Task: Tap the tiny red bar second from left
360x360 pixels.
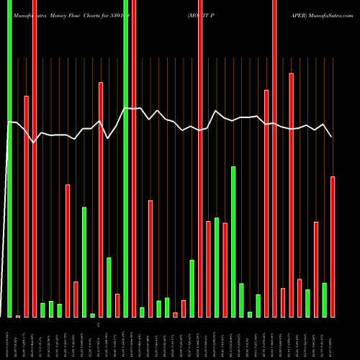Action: click(18, 316)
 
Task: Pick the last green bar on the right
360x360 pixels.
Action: click(325, 300)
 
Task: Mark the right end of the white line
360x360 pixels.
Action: click(332, 136)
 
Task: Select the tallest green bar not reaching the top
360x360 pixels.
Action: click(233, 241)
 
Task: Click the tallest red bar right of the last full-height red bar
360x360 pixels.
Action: click(291, 194)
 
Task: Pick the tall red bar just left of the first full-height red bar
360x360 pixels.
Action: click(26, 206)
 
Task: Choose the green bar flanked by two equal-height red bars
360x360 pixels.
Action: click(217, 267)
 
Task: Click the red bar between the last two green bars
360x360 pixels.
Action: click(316, 269)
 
